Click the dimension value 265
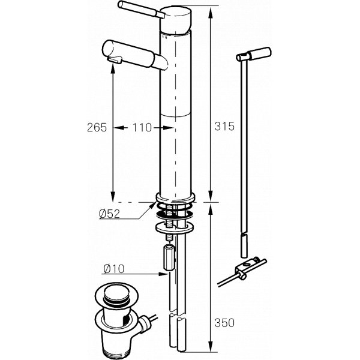tap(97, 127)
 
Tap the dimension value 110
tap(142, 128)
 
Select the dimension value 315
tap(224, 126)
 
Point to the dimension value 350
tap(224, 323)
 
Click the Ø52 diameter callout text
tap(110, 214)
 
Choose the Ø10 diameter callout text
tap(114, 269)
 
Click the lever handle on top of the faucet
tap(141, 10)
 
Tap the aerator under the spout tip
tap(114, 60)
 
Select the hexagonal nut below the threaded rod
tap(169, 258)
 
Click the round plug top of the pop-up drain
tap(116, 293)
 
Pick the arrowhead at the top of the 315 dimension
tap(211, 12)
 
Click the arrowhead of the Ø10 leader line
tap(163, 274)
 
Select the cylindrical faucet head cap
tap(176, 20)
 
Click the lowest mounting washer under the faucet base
tap(174, 228)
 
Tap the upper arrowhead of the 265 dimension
tap(113, 70)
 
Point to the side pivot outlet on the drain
tap(144, 323)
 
